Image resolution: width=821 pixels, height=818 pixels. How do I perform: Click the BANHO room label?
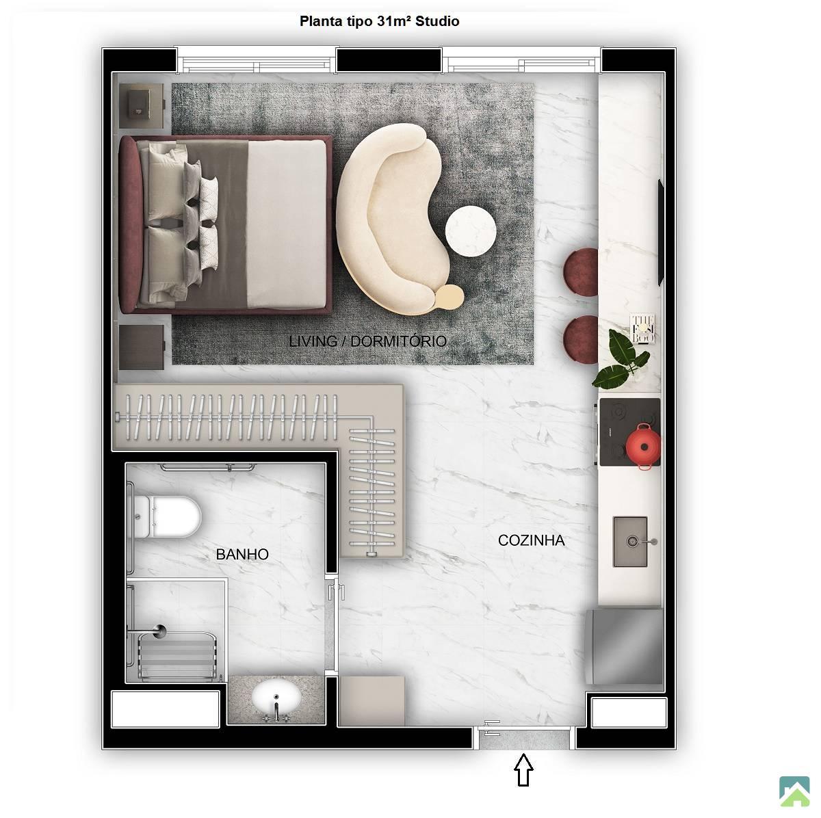tap(242, 554)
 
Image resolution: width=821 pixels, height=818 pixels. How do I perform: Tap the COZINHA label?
tap(532, 540)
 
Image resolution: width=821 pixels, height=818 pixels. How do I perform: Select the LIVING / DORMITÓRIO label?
tap(367, 341)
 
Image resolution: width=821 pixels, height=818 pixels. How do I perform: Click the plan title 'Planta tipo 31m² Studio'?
tap(379, 21)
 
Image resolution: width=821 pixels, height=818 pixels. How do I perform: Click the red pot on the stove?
tap(643, 446)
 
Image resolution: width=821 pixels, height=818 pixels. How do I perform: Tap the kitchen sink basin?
tap(630, 542)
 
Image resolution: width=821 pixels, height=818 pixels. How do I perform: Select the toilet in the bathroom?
tap(166, 516)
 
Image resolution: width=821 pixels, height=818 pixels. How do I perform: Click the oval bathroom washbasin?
tap(276, 699)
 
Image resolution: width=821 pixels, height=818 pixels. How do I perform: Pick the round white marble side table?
tap(471, 231)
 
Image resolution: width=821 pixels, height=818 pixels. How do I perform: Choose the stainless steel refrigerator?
tap(624, 647)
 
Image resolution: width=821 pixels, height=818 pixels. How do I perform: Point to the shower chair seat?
tap(177, 657)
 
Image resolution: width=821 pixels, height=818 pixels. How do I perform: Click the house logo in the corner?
tap(794, 791)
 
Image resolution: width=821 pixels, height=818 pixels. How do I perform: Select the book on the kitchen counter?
tap(642, 328)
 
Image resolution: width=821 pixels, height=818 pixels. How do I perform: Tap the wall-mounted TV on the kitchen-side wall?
tap(661, 232)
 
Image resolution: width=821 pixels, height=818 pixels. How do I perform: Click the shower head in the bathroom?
tap(160, 631)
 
